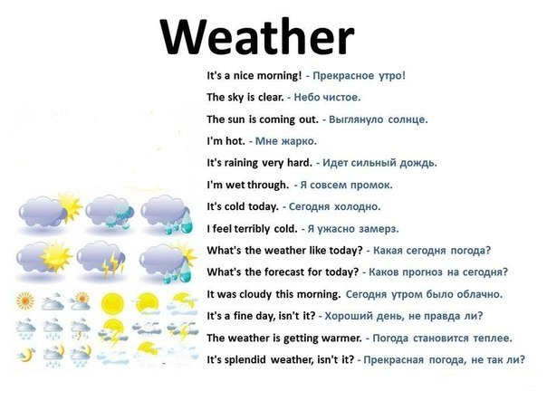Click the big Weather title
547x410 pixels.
[257, 37]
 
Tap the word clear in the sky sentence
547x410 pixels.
[271, 97]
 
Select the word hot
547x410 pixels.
[235, 141]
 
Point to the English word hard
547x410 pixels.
[300, 163]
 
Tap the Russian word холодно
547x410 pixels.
[357, 207]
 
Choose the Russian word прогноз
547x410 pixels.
[422, 272]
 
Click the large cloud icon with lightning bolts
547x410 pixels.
[101, 260]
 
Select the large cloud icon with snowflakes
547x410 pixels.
[110, 212]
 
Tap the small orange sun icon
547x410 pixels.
[25, 300]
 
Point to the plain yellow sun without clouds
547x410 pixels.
[112, 302]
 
